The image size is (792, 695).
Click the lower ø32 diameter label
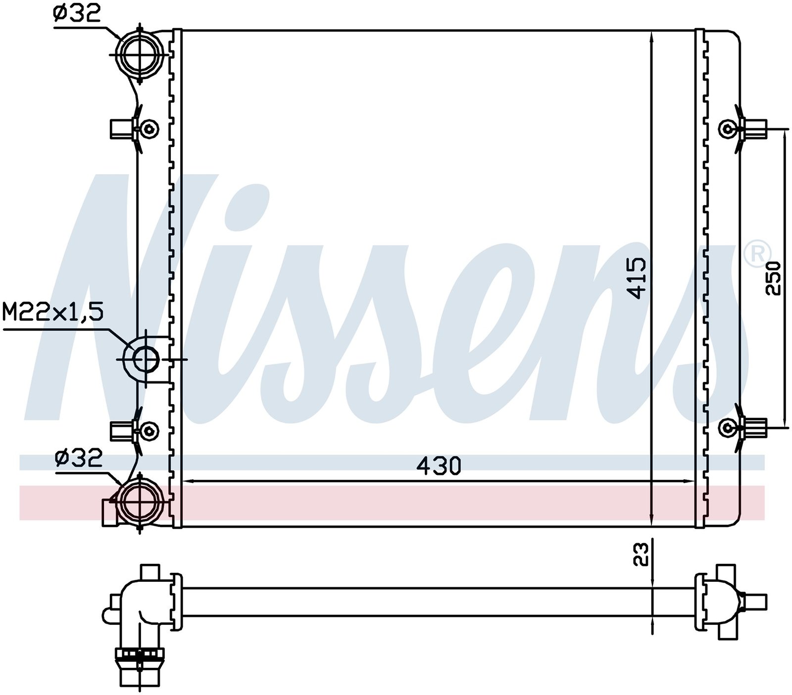tap(78, 458)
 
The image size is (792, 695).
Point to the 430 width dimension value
tap(439, 465)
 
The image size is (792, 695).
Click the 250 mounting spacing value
tap(773, 278)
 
